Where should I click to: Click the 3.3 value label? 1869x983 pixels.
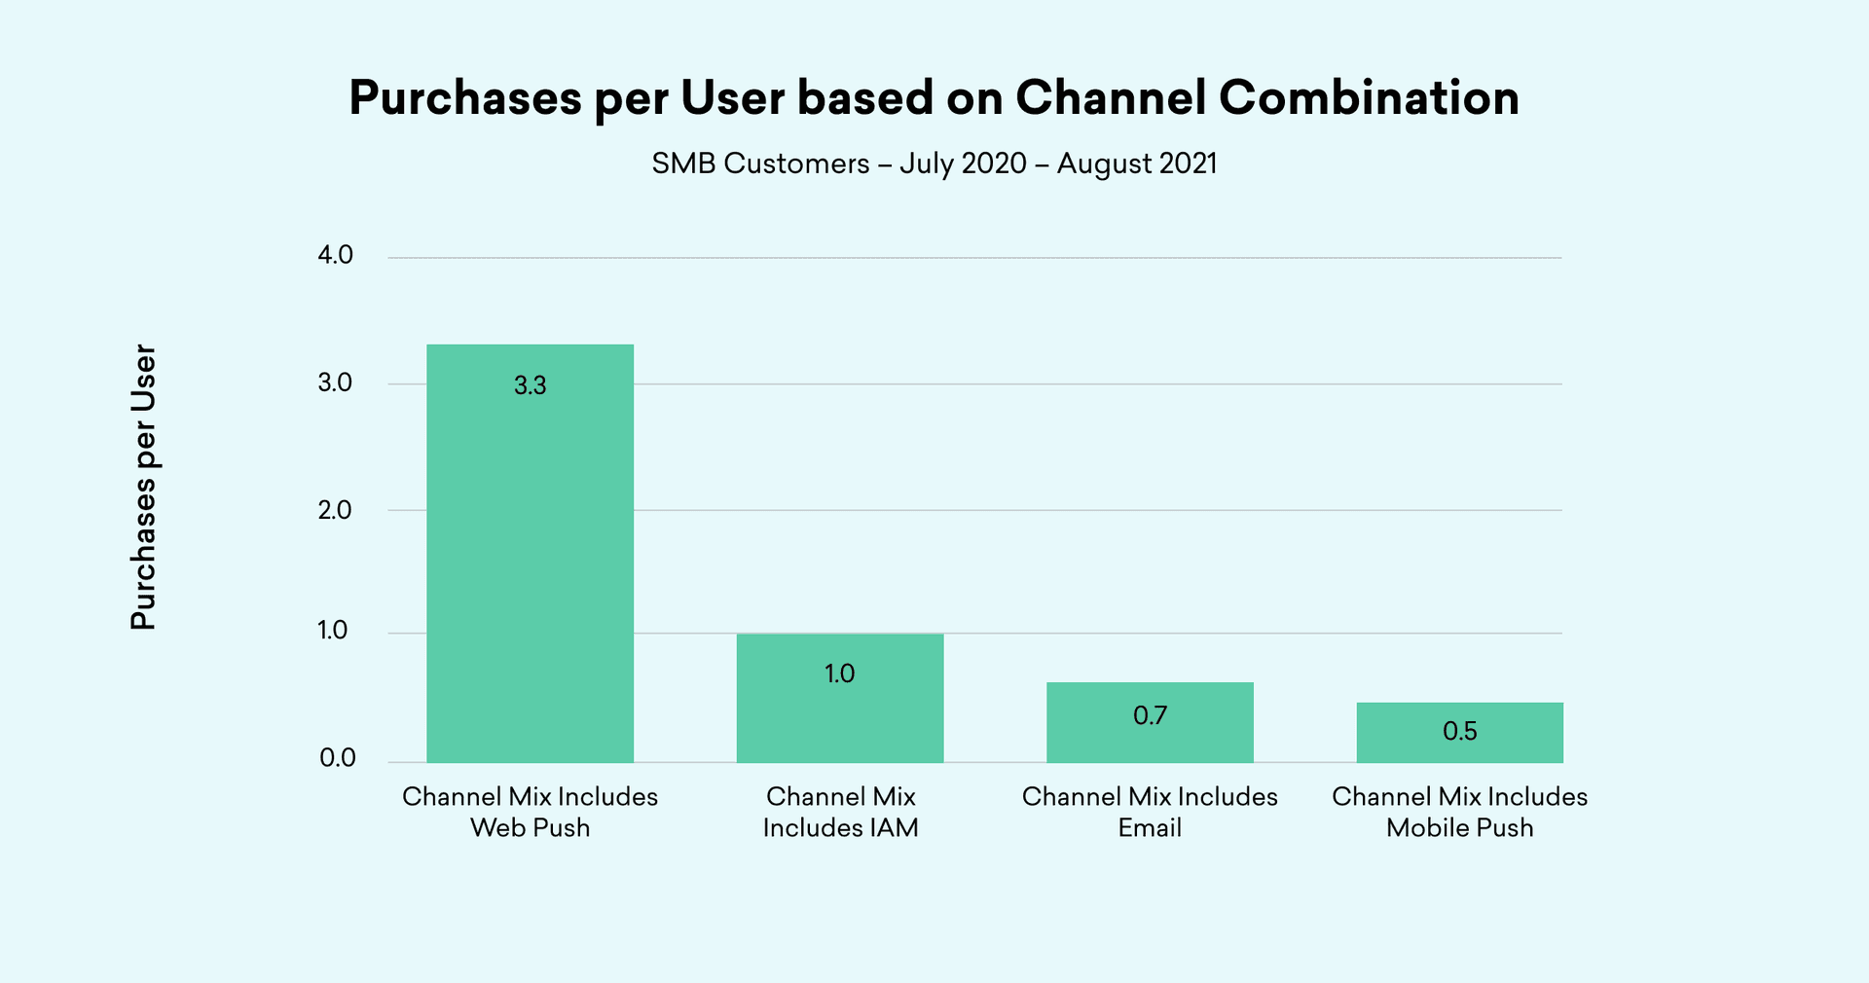(530, 385)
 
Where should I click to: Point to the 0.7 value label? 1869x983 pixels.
(1150, 716)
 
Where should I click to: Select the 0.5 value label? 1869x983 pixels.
(1459, 731)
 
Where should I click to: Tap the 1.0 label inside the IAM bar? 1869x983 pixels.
(839, 674)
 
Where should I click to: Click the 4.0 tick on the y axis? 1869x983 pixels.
(335, 255)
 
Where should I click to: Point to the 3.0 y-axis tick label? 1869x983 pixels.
(335, 382)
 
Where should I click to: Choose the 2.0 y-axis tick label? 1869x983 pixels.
(335, 510)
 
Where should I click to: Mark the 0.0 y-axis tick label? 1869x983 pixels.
(337, 758)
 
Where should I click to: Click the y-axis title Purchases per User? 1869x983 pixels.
(143, 487)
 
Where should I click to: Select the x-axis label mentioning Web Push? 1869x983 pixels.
(530, 812)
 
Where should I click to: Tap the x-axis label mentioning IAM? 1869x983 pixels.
(840, 812)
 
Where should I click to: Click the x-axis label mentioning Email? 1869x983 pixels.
(1150, 812)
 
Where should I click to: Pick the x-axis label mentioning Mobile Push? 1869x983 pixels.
(1459, 812)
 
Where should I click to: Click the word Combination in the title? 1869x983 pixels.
(1369, 97)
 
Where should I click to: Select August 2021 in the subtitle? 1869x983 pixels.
(1137, 164)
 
